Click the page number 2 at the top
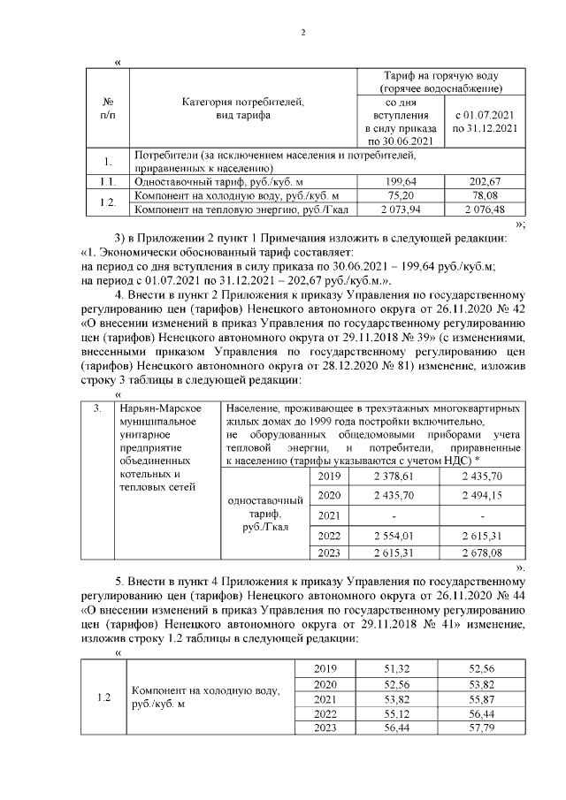(302, 34)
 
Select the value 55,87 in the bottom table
(483, 698)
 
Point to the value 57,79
(483, 728)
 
